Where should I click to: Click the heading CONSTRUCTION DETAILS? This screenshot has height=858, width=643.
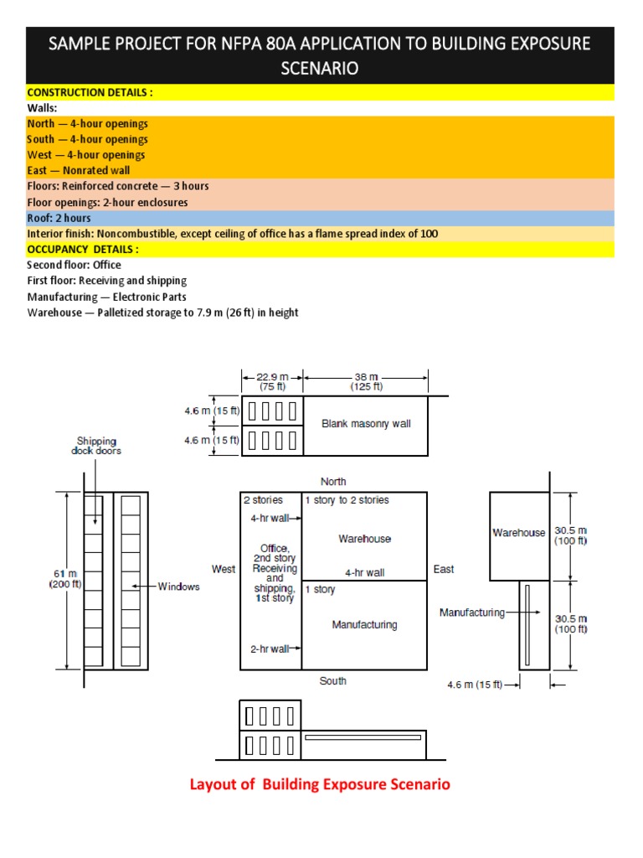(90, 92)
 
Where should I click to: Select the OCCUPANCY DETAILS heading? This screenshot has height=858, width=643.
(83, 249)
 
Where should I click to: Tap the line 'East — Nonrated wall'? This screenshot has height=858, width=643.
(79, 170)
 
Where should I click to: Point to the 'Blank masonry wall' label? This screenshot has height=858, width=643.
(366, 424)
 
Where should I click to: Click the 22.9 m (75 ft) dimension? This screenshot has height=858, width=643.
(271, 381)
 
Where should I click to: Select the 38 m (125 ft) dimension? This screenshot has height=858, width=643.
(366, 381)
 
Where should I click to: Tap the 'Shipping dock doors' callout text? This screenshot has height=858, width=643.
(96, 446)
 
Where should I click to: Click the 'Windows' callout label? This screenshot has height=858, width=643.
(179, 587)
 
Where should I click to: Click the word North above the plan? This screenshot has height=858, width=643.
(333, 481)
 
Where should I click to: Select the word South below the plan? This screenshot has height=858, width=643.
(332, 681)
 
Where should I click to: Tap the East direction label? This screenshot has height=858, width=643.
(444, 569)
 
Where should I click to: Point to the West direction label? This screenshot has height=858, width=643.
(224, 569)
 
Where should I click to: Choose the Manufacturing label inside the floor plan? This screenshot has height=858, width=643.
(364, 624)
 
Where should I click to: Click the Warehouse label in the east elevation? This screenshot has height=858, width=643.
(518, 533)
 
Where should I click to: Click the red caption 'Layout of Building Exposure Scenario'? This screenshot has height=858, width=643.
(320, 784)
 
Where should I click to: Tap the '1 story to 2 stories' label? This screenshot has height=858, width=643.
(347, 500)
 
